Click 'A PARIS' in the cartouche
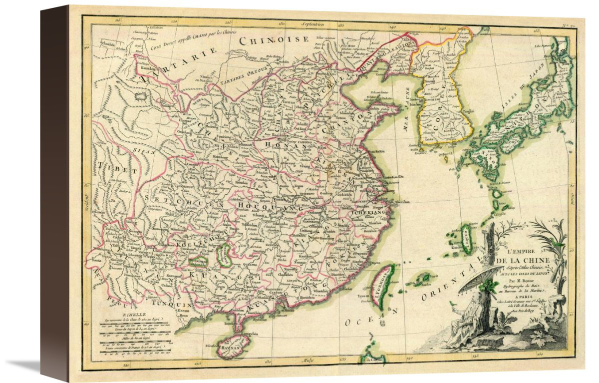tap(522, 295)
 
